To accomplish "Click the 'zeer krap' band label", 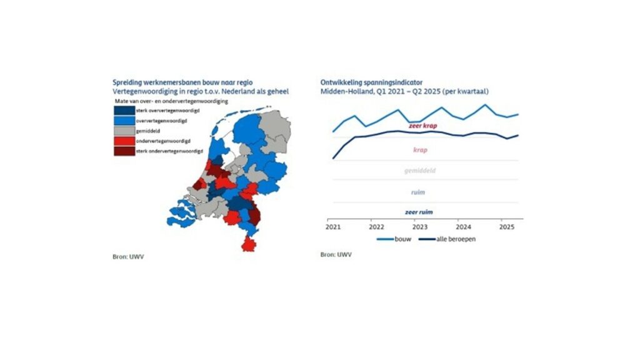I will (421, 126).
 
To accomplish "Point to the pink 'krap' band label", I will (421, 150).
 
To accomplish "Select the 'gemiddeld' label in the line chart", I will (420, 171).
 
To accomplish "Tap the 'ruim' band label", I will (419, 192).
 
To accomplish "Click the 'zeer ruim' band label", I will (419, 212).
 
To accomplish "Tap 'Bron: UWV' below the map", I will (124, 256).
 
